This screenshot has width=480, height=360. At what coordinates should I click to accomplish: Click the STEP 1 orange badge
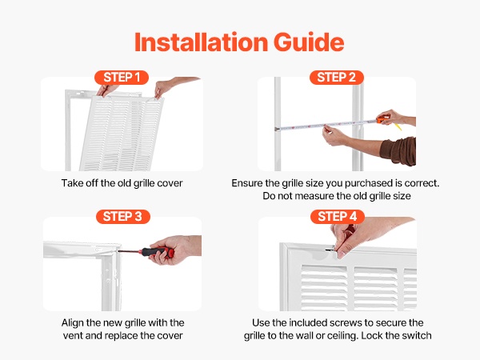coord(122,78)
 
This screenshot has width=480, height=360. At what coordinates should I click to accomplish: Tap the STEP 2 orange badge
coord(337,78)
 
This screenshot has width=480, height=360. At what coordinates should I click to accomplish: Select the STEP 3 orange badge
coord(122,217)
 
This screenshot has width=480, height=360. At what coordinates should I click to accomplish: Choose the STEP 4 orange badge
coord(338,217)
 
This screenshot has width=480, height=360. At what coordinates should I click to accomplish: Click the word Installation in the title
coord(202,42)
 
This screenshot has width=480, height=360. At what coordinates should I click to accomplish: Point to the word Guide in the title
coord(309,42)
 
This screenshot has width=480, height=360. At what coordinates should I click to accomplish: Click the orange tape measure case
coord(383,119)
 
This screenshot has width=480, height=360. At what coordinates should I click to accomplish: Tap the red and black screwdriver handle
coord(157,252)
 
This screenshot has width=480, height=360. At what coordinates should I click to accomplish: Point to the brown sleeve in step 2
coord(398,151)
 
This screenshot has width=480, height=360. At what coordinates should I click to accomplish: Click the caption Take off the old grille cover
coord(122,183)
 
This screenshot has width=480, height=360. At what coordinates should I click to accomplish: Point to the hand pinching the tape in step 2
coord(335,136)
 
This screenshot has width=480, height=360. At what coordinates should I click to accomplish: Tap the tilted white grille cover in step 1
coord(122,133)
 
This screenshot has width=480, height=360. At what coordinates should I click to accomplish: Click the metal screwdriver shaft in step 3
coord(129,251)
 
